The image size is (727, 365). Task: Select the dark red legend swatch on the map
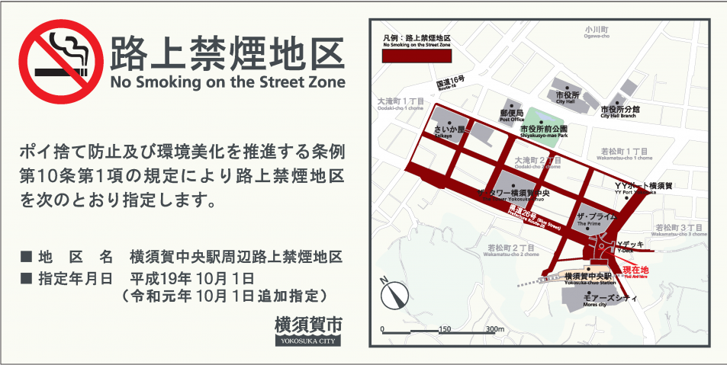[416, 56]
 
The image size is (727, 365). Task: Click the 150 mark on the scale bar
[446, 329]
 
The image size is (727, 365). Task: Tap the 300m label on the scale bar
[496, 329]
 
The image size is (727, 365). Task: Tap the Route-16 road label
[450, 84]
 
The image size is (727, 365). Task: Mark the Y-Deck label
[626, 248]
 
